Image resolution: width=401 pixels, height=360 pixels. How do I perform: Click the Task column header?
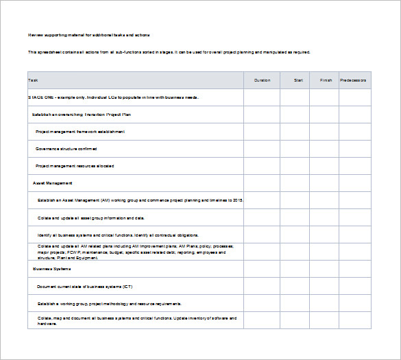pyautogui.click(x=34, y=80)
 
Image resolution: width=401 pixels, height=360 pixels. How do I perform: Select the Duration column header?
pyautogui.click(x=262, y=80)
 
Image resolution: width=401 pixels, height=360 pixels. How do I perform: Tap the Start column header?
pyautogui.click(x=299, y=80)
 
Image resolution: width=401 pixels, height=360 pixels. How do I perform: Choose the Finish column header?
pyautogui.click(x=326, y=80)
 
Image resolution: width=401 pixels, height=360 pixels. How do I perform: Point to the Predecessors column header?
pyautogui.click(x=353, y=80)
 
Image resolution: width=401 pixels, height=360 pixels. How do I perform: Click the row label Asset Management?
pyautogui.click(x=53, y=183)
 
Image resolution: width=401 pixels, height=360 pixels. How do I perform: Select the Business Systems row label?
pyautogui.click(x=52, y=269)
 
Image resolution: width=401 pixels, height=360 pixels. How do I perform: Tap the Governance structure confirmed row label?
pyautogui.click(x=66, y=149)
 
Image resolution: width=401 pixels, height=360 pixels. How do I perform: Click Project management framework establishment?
pyautogui.click(x=80, y=132)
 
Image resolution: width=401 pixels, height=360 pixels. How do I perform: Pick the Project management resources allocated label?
pyautogui.click(x=75, y=166)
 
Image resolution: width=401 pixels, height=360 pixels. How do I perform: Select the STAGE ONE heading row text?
pyautogui.click(x=113, y=97)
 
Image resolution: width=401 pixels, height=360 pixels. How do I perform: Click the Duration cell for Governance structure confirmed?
pyautogui.click(x=262, y=149)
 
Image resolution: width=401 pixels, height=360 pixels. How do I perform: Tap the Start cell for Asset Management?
pyautogui.click(x=298, y=183)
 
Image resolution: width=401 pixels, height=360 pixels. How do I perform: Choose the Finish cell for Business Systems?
pyautogui.click(x=326, y=269)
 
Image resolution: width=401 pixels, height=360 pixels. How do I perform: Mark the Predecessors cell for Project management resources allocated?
pyautogui.click(x=354, y=166)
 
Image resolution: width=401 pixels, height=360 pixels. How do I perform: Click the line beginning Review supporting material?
pyautogui.click(x=88, y=34)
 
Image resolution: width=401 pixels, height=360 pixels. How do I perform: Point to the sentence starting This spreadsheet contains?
pyautogui.click(x=169, y=52)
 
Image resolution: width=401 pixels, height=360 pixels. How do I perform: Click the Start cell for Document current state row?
pyautogui.click(x=298, y=286)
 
